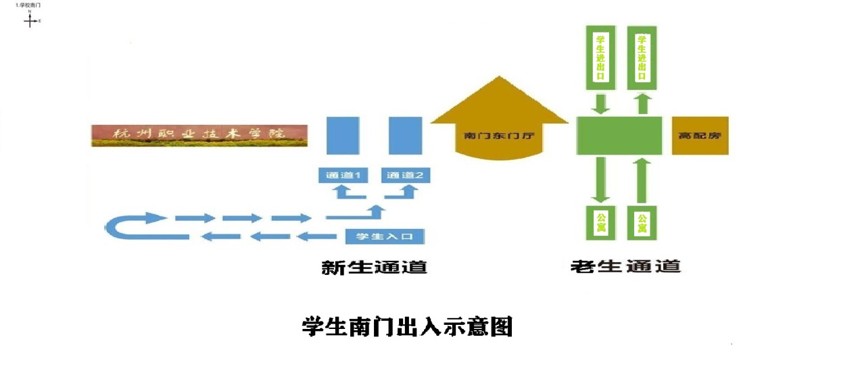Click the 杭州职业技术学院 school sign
(x=199, y=135)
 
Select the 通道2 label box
(x=406, y=176)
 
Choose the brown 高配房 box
(x=700, y=135)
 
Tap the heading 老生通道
(x=625, y=266)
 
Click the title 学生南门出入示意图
(x=407, y=326)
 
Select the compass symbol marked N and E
(x=30, y=20)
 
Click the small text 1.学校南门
(x=24, y=5)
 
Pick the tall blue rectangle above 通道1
(x=343, y=135)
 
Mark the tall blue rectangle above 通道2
(x=406, y=135)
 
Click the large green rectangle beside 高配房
(x=619, y=135)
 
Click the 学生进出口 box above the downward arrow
(x=600, y=57)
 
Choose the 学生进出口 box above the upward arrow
(x=642, y=57)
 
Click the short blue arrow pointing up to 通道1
(x=343, y=193)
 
